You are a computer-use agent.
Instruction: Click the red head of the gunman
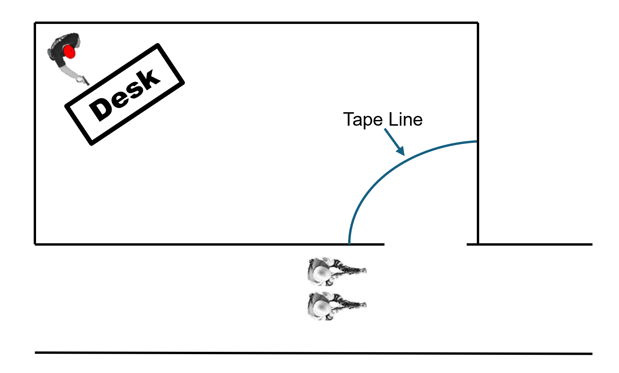[x=69, y=52]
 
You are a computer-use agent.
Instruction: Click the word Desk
[x=125, y=95]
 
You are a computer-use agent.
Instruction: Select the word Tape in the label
[x=363, y=120]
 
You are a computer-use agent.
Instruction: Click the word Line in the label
[x=406, y=120]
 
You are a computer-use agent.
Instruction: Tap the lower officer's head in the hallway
[x=319, y=306]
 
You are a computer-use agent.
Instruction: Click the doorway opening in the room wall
[x=425, y=244]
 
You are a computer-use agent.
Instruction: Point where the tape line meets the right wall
[x=477, y=142]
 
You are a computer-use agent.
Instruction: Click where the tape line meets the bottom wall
[x=349, y=243]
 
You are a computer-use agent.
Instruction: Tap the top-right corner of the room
[x=478, y=23]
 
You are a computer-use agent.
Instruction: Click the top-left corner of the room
[x=35, y=23]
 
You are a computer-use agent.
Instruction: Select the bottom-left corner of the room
[x=35, y=244]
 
